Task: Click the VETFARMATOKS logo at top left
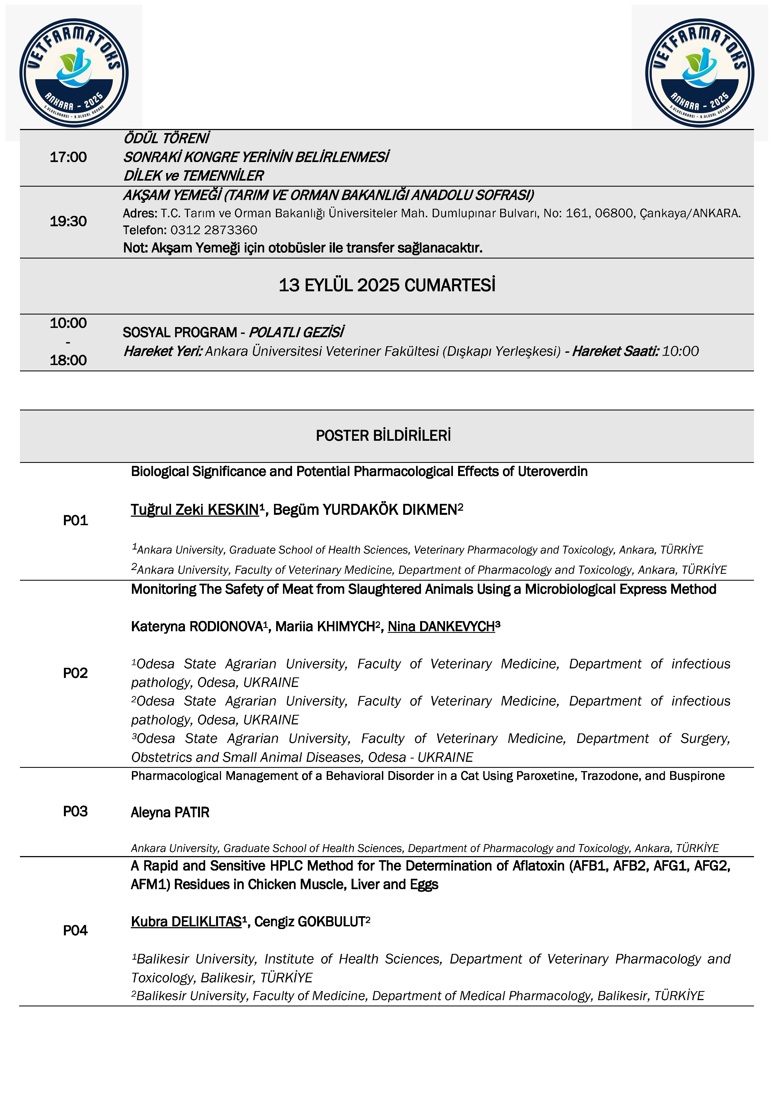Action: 74,73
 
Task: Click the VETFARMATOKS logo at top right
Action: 700,73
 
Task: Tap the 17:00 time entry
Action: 68,157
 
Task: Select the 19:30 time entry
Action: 68,222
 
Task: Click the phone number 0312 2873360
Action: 214,230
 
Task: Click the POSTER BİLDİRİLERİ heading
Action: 383,435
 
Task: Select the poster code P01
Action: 75,520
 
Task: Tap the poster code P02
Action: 75,673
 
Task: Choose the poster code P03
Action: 75,812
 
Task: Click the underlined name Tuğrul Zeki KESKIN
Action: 195,510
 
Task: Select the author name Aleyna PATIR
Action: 170,812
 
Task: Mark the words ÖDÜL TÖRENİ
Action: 166,139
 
